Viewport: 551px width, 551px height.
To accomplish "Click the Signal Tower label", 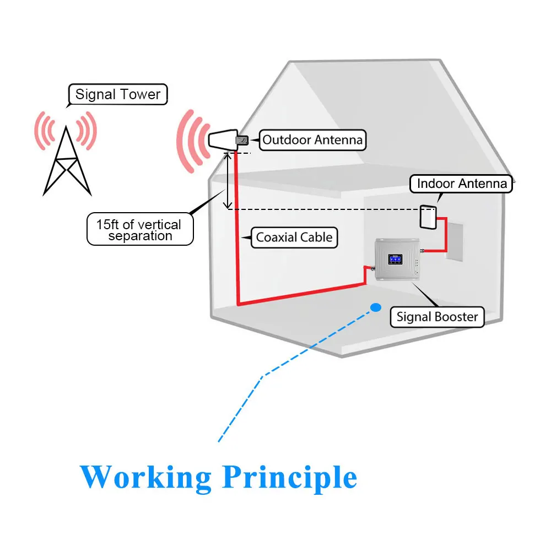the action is click(x=118, y=94).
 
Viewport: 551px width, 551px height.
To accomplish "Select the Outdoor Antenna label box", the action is click(x=312, y=140).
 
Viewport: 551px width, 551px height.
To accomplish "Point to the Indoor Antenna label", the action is click(x=461, y=184).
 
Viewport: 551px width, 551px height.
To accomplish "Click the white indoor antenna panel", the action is click(x=428, y=218).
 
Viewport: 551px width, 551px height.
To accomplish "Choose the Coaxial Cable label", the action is click(x=294, y=237).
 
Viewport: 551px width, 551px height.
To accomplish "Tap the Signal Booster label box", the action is click(x=437, y=317).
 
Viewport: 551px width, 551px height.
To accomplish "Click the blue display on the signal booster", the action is click(x=395, y=260).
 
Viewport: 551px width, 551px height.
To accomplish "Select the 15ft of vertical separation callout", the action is click(x=140, y=229).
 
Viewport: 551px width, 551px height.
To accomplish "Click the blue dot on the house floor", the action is click(x=376, y=308).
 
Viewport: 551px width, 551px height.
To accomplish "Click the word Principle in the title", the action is click(x=290, y=477).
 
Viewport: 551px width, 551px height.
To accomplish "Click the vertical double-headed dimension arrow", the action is click(x=228, y=181).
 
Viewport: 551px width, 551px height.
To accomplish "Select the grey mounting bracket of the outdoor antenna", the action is click(x=242, y=141).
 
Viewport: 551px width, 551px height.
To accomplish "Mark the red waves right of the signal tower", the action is click(x=87, y=131).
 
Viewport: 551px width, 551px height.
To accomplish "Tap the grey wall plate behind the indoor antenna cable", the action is click(x=454, y=241).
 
